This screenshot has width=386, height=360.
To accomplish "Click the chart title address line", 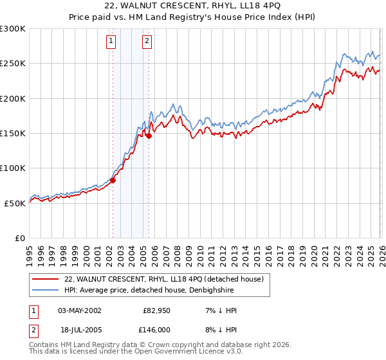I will (x=193, y=7).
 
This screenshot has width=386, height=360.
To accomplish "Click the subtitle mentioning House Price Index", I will (x=193, y=18).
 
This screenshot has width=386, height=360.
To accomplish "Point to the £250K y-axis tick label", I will (x=13, y=64).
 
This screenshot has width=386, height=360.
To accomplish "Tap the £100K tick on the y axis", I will (x=13, y=168).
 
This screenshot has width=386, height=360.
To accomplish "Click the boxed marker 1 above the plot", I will (x=111, y=42).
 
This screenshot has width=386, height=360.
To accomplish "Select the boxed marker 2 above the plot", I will (x=147, y=42).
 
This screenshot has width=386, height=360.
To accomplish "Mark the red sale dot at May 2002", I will (x=113, y=180).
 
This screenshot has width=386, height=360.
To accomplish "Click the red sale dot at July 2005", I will (x=149, y=136).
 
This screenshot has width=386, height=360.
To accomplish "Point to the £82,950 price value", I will (x=155, y=310).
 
